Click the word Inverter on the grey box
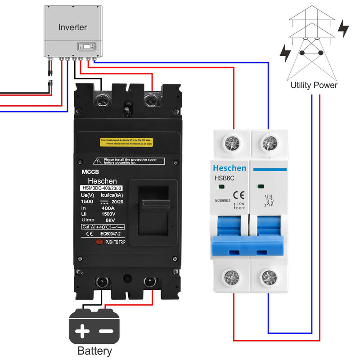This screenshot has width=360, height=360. pyautogui.click(x=72, y=27)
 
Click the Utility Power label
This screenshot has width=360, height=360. pyautogui.click(x=314, y=85)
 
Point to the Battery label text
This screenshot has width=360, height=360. pyautogui.click(x=94, y=351)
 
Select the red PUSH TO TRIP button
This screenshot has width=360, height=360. pyautogui.click(x=99, y=242)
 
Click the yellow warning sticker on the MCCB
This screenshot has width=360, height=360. pyautogui.click(x=126, y=141)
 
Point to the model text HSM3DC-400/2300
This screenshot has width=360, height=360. pyautogui.click(x=101, y=188)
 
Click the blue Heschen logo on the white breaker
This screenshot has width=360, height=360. pyautogui.click(x=229, y=168)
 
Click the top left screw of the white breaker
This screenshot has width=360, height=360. pyautogui.click(x=232, y=142)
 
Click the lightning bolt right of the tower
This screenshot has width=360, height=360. pyautogui.click(x=343, y=28)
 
